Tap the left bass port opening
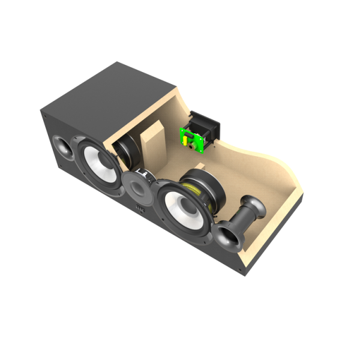click(x=63, y=146)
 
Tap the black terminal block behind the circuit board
click(x=207, y=127)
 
